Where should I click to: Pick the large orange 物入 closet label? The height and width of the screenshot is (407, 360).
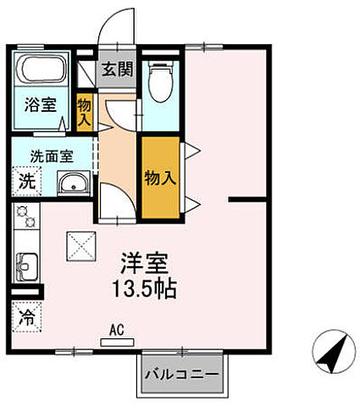point(159,177)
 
